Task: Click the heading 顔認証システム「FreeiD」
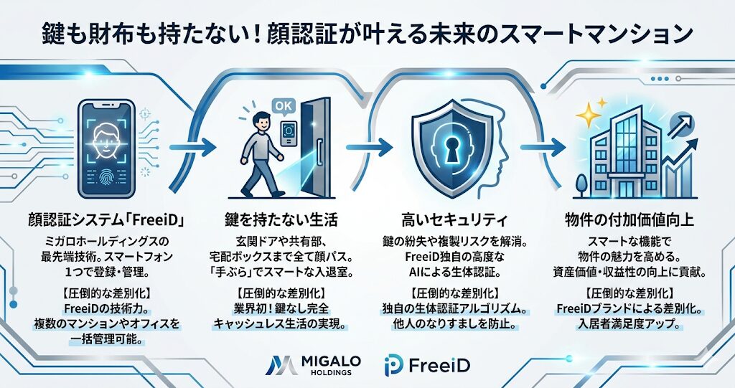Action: [x=106, y=219]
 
